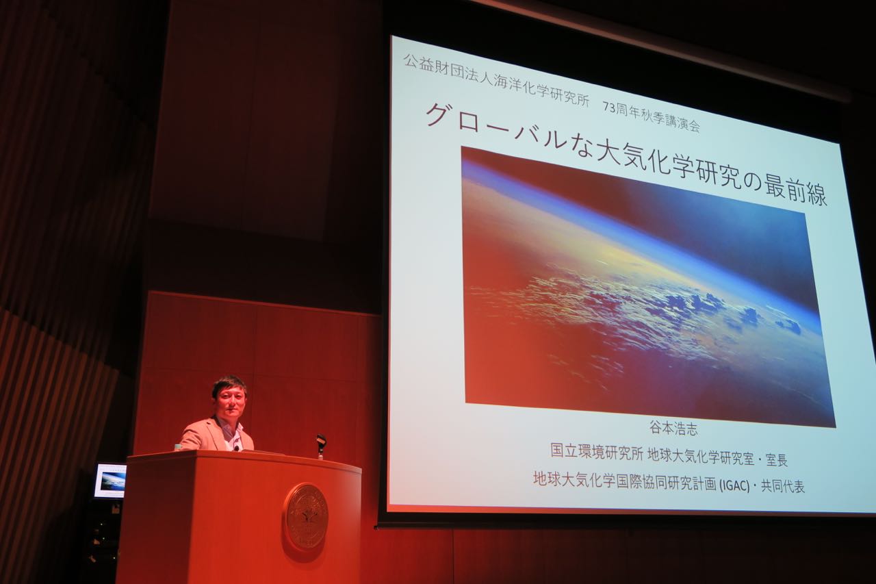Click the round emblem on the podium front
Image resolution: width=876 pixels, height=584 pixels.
coord(306,517)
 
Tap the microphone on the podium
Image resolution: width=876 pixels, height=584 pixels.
coord(321,445)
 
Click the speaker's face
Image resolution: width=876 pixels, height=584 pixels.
coord(231,403)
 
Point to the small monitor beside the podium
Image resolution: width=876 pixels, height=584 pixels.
coord(110,481)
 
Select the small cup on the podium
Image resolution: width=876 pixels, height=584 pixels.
coord(178,447)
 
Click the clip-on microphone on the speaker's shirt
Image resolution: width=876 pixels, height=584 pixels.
coord(236,448)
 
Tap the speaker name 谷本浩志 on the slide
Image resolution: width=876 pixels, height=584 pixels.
coord(674,429)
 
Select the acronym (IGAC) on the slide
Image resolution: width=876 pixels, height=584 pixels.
coord(734,486)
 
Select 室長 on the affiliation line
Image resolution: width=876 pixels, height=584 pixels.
coord(777,460)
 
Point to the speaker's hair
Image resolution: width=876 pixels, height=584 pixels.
coord(229,385)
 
